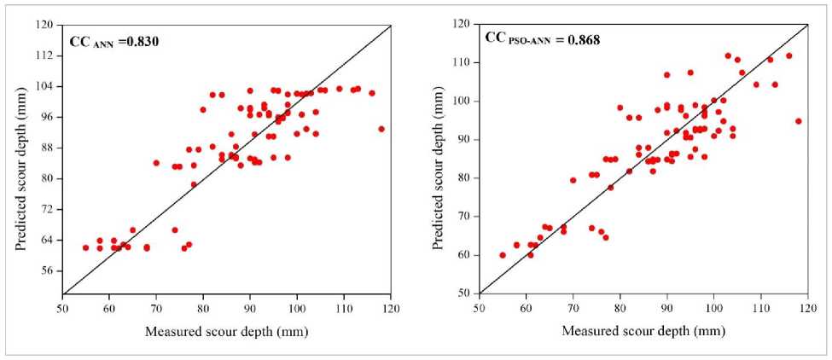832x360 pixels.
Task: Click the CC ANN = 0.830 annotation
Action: [113, 40]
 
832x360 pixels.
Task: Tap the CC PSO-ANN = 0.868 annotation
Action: [542, 38]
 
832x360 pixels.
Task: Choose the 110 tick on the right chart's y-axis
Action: [464, 62]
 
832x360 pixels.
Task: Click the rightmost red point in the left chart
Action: [381, 129]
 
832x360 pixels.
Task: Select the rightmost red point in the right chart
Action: [799, 121]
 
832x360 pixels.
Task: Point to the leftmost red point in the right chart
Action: [503, 255]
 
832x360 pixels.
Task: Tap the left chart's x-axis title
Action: [226, 331]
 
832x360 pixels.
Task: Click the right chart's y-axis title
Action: [437, 159]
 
